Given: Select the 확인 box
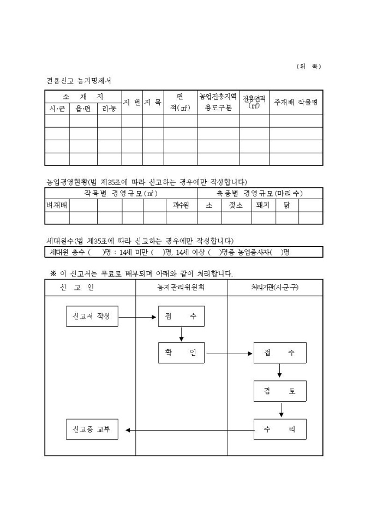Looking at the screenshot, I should pos(181,353).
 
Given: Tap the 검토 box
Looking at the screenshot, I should pos(280,391).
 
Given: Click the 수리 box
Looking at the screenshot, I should pos(280,429).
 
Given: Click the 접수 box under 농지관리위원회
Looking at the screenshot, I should pos(181,316).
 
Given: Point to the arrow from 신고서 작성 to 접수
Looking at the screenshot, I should pos(138,317).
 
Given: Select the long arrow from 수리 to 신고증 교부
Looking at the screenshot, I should pos(190,430).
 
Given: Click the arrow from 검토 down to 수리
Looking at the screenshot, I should pos(280,410).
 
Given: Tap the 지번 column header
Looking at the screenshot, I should pos(132,102).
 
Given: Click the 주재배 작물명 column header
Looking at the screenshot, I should pos(296,102).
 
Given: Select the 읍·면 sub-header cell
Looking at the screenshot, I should pos(83,109).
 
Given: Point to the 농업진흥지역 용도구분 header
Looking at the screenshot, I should pos(218,102).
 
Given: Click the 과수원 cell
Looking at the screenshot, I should pos(180,206).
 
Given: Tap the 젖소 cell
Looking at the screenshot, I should pos(236,206).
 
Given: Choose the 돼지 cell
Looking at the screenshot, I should pos(263,206).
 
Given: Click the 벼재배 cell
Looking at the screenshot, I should pos(57,206).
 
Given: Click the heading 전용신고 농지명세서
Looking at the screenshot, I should pos(79,81).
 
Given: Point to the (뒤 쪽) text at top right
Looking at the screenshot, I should pos(309,66).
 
